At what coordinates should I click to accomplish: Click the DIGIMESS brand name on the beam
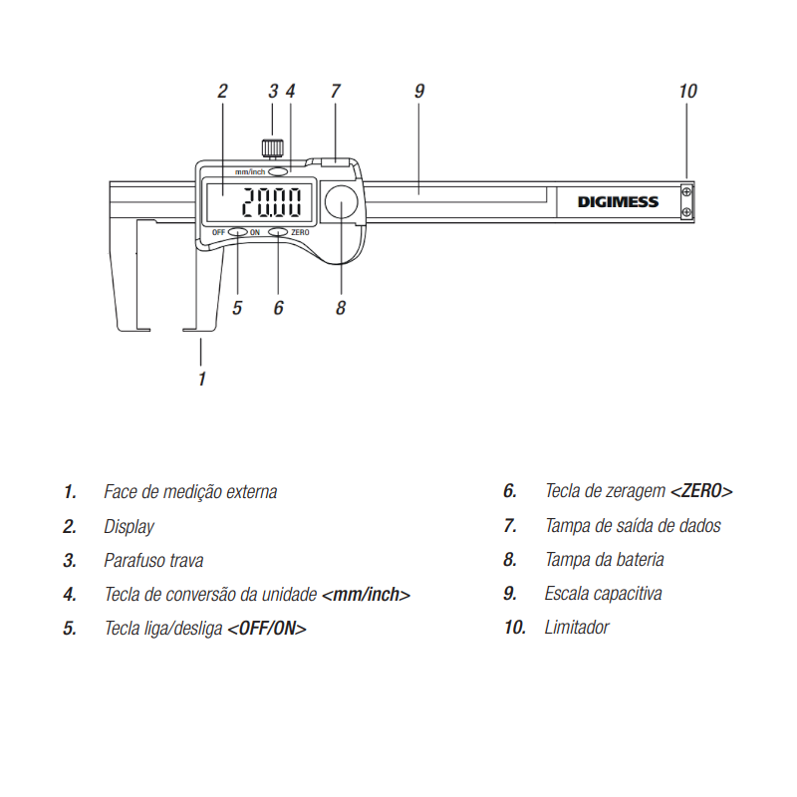tap(618, 202)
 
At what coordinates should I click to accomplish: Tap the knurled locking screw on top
tap(272, 147)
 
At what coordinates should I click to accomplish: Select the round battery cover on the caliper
tap(341, 202)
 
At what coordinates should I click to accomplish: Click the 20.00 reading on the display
tap(271, 202)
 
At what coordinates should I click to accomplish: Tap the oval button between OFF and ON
tap(237, 232)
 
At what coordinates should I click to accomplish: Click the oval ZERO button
tap(278, 232)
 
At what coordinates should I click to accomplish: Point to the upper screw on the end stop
tap(686, 191)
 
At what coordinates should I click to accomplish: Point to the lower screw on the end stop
tap(686, 212)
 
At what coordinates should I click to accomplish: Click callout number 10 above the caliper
tap(687, 92)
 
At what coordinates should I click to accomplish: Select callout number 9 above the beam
tap(418, 92)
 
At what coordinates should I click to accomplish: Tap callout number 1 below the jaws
tap(202, 379)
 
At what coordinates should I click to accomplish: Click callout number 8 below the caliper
tap(340, 308)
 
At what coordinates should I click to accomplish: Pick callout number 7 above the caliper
tap(335, 92)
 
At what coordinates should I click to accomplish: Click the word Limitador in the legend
tap(577, 628)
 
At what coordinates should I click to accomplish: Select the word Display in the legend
tap(129, 527)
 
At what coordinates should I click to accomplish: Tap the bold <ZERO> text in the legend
tap(701, 491)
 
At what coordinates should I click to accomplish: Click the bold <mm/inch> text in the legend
tap(366, 594)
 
